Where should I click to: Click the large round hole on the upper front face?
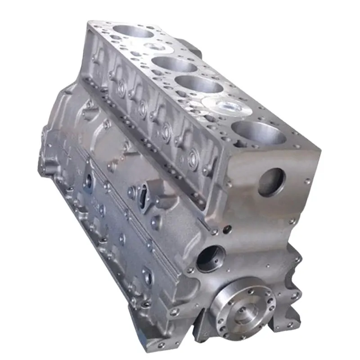point(271,182)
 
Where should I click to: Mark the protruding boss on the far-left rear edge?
point(45,135)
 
